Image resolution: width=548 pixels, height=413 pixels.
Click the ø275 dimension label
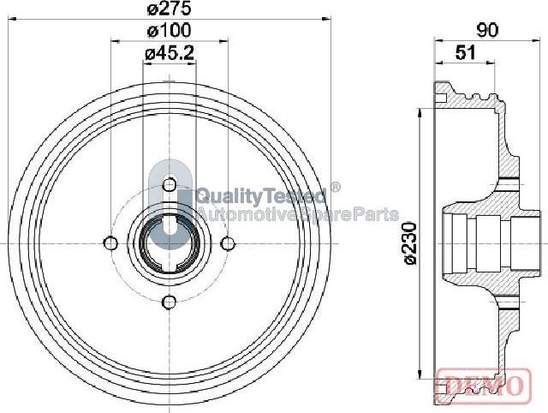coord(169,9)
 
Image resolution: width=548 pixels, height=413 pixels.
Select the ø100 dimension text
coord(169,31)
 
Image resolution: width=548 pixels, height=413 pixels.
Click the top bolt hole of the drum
coord(170,183)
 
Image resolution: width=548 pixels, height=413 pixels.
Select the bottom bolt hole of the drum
coord(170,302)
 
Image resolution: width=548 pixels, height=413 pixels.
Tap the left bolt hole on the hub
coord(110,242)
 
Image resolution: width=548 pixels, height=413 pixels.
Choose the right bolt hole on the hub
coord(229,242)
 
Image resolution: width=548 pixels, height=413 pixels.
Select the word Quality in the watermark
coord(225,195)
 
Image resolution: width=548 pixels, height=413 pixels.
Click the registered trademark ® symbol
coord(335,187)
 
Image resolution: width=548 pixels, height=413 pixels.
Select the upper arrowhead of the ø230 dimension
coord(419,111)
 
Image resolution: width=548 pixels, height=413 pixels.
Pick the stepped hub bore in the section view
coord(479,242)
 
